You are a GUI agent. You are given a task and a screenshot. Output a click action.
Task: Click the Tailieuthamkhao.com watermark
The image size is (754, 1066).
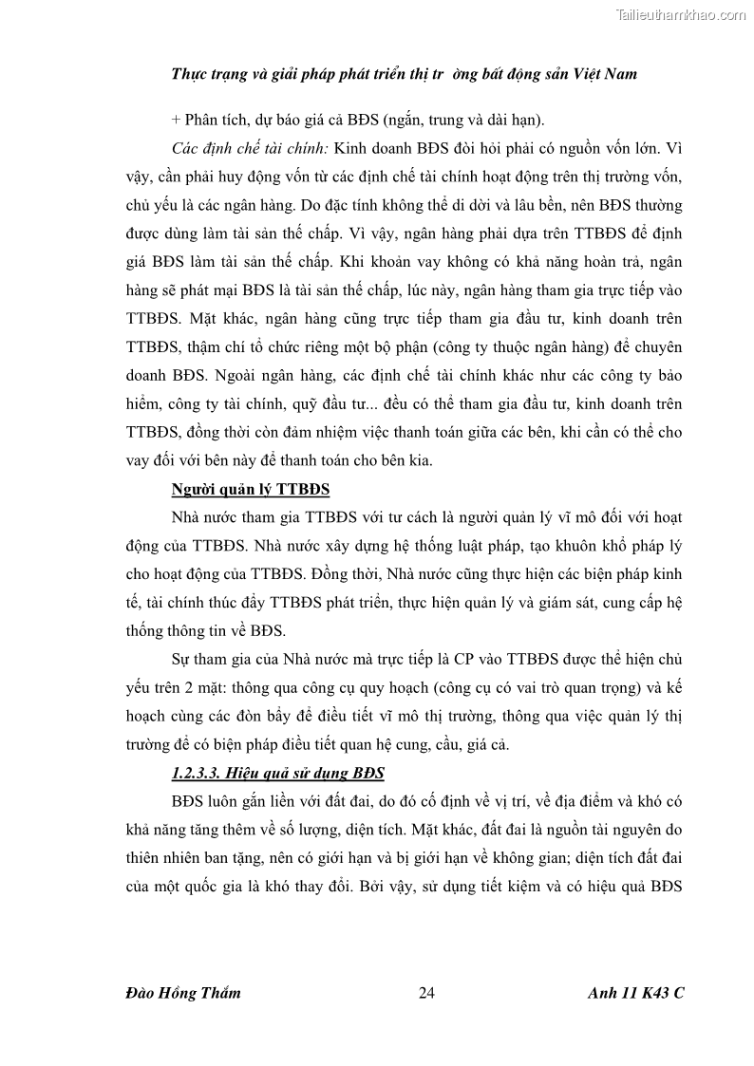tap(681, 14)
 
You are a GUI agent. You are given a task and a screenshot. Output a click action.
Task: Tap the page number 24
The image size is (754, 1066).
tap(426, 993)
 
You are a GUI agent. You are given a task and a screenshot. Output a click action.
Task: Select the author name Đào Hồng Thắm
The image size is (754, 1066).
tap(182, 993)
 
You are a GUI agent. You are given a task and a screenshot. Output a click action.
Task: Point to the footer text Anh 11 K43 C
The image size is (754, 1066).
tap(635, 993)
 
